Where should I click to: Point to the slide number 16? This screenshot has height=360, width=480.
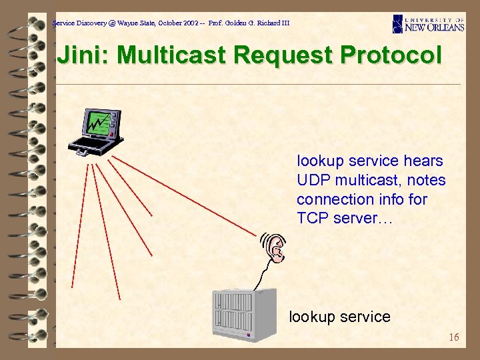[x=453, y=337]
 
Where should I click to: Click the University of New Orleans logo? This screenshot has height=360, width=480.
[x=428, y=23]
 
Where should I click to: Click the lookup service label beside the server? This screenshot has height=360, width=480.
[x=339, y=317]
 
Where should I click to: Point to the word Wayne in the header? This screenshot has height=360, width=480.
[x=129, y=23]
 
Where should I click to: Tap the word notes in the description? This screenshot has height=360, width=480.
[x=426, y=180]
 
